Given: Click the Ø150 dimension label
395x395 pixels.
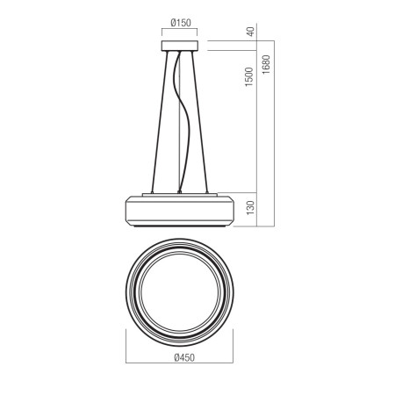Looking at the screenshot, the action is click(181, 23).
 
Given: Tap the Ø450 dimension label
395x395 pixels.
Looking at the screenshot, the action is click(184, 357).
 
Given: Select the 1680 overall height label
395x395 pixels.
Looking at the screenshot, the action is click(266, 64).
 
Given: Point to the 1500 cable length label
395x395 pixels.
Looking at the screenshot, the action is click(249, 76).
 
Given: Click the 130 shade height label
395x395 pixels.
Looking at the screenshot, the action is click(251, 208).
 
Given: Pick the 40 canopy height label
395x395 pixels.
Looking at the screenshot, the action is click(251, 32).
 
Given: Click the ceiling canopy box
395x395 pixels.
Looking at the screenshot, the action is click(180, 46).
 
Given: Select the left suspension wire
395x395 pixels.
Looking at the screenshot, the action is click(160, 121).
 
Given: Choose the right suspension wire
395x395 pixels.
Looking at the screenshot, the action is click(199, 121).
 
